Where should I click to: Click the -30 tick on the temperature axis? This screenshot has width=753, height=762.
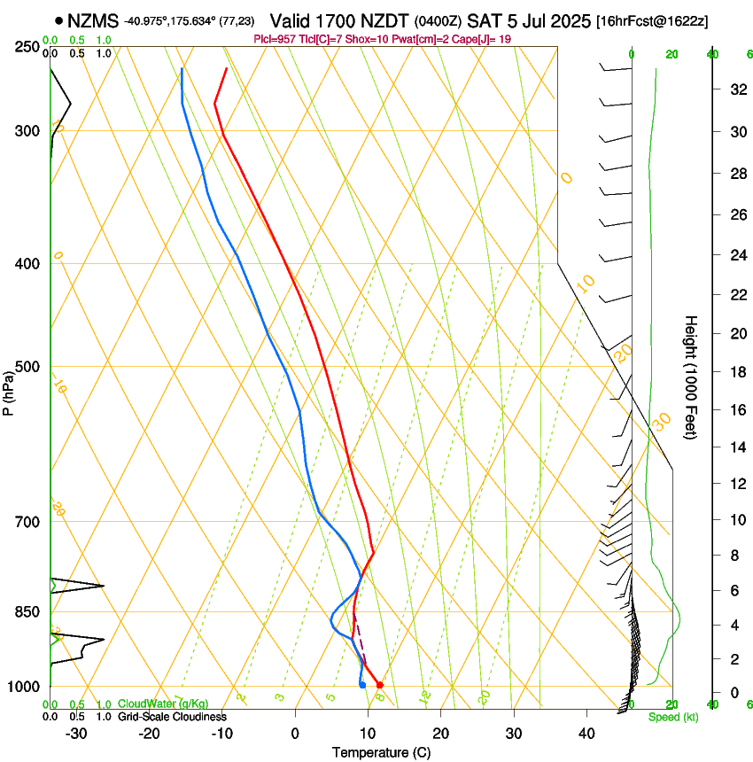coord(76,733)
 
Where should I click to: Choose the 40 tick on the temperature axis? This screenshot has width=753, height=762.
coord(586,733)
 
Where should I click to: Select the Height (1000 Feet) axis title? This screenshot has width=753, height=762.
coord(691,377)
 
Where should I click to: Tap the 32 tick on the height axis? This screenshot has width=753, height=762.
coord(735,89)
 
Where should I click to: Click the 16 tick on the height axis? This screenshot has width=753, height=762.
coord(735,410)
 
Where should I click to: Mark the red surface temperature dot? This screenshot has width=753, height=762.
coord(379,685)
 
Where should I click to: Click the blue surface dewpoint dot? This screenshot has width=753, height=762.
coord(362,685)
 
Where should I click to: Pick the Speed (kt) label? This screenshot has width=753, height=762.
coord(673,717)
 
